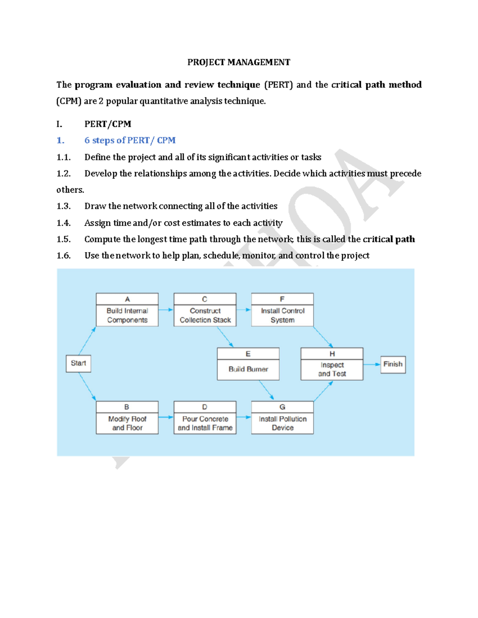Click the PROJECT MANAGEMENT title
[x=239, y=62]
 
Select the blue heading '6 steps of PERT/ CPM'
[x=130, y=140]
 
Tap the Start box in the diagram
[x=78, y=363]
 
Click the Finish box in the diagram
[x=393, y=364]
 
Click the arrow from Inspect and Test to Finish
[x=372, y=364]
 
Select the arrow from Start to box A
[x=87, y=341]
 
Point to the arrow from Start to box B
[x=88, y=386]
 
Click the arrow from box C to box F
[x=243, y=310]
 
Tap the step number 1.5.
[x=64, y=239]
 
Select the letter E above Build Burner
[x=248, y=354]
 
